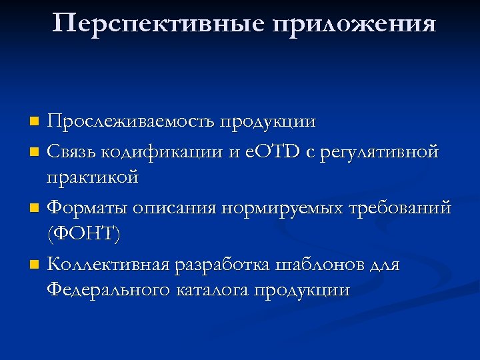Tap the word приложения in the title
tap(353, 25)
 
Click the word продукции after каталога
tap(309, 291)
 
